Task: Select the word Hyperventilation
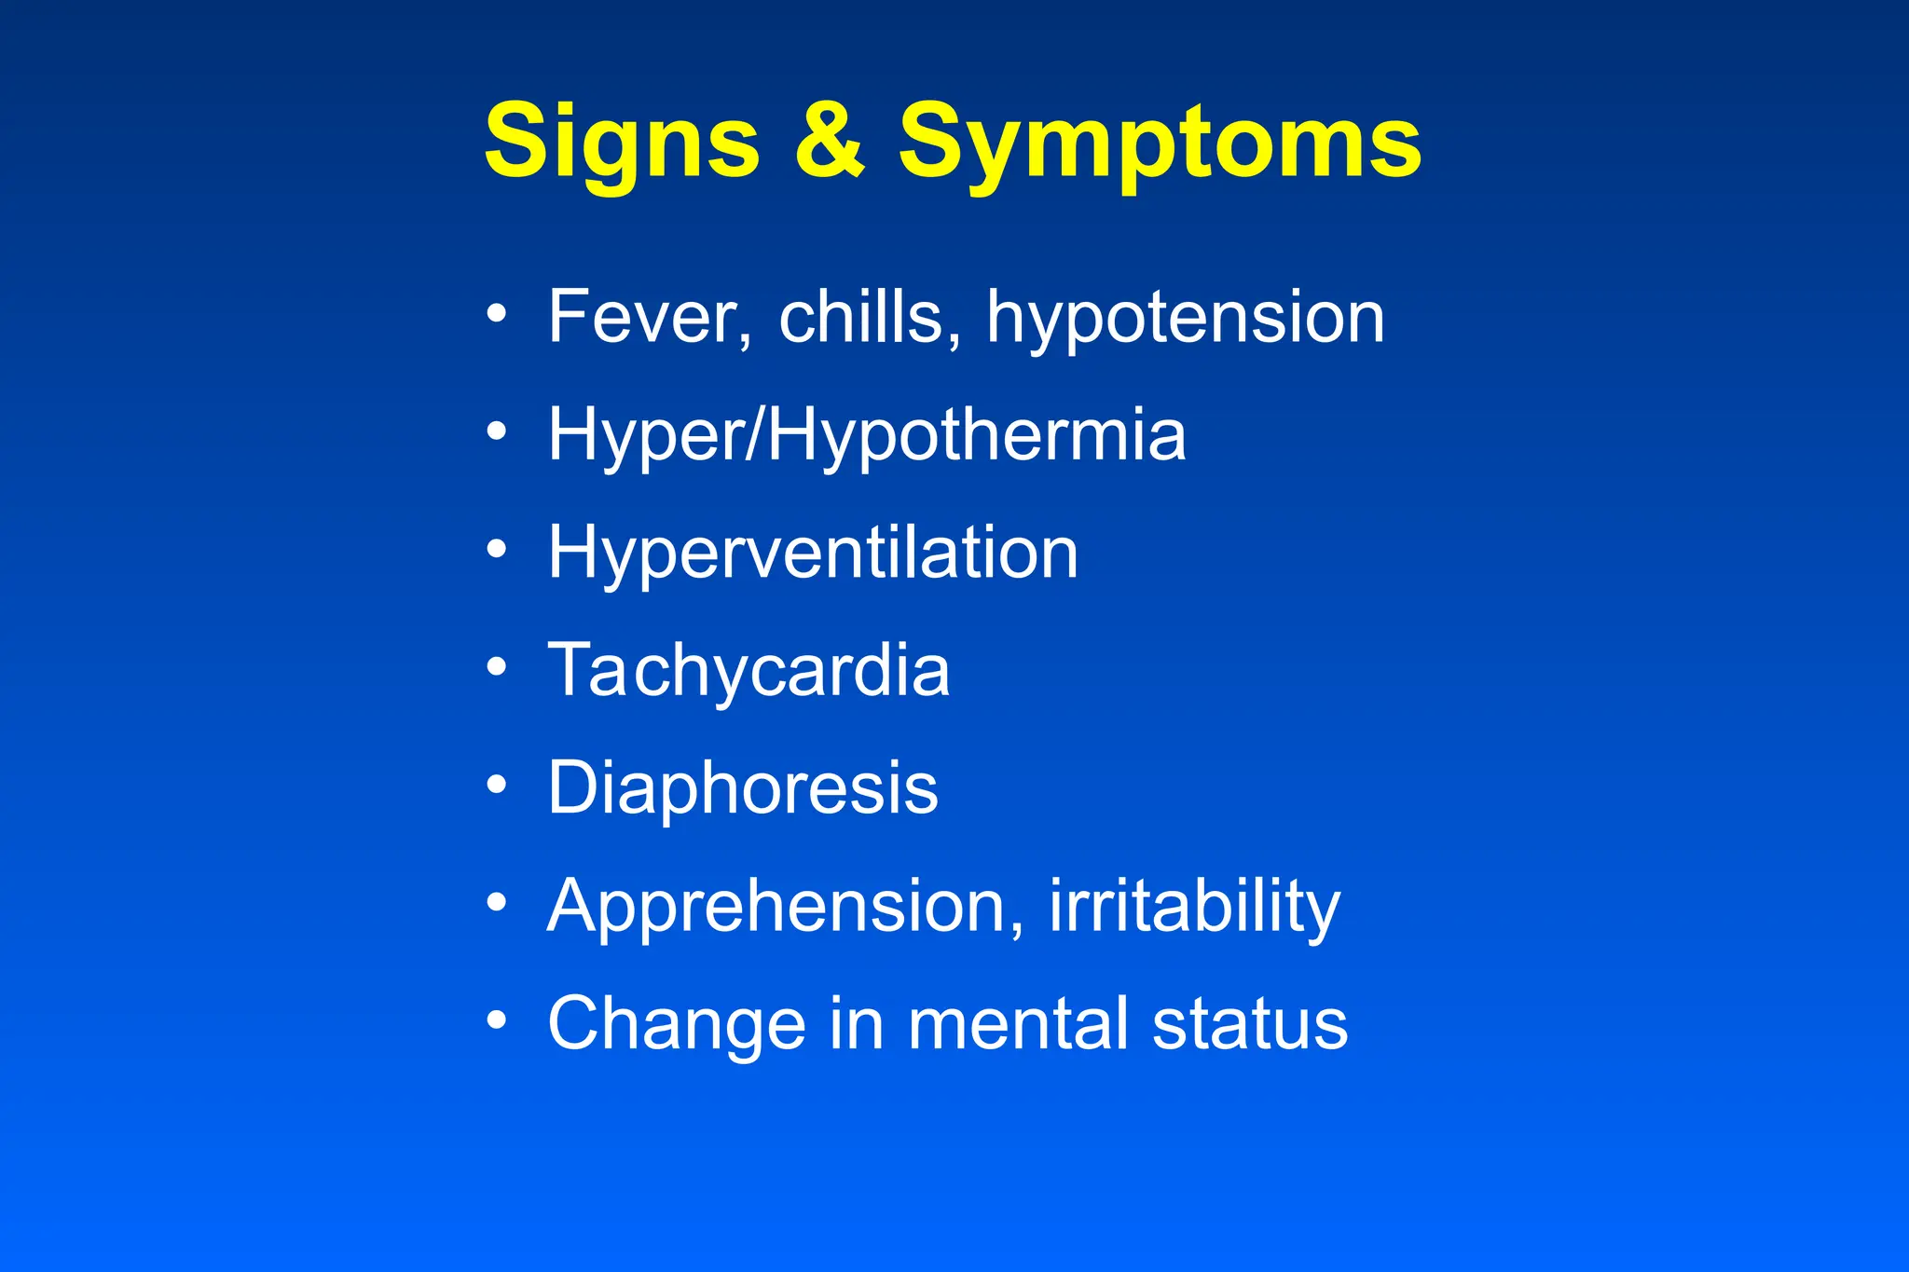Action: (x=813, y=554)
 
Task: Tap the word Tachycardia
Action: (x=748, y=671)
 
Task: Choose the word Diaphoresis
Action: (x=743, y=788)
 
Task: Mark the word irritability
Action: (x=1194, y=907)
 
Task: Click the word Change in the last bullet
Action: (x=677, y=1024)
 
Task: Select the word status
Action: (x=1250, y=1023)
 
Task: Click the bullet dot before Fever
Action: (x=497, y=314)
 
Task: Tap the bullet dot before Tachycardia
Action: (x=497, y=667)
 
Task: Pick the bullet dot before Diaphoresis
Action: (x=497, y=785)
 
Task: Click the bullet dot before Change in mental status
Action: (x=497, y=1020)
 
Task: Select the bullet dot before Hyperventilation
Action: (x=497, y=550)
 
